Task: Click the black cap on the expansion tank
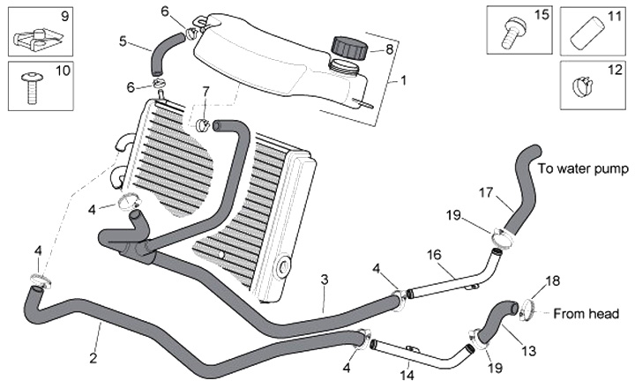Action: (x=347, y=48)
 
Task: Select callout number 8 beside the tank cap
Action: (x=389, y=49)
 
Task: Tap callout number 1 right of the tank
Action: (x=403, y=79)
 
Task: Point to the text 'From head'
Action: (x=586, y=313)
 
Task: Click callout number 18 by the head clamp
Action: (x=553, y=281)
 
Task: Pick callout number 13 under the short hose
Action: (x=528, y=350)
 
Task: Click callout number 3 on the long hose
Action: (x=325, y=280)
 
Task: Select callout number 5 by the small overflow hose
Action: (x=123, y=40)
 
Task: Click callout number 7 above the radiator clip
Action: (x=206, y=91)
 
